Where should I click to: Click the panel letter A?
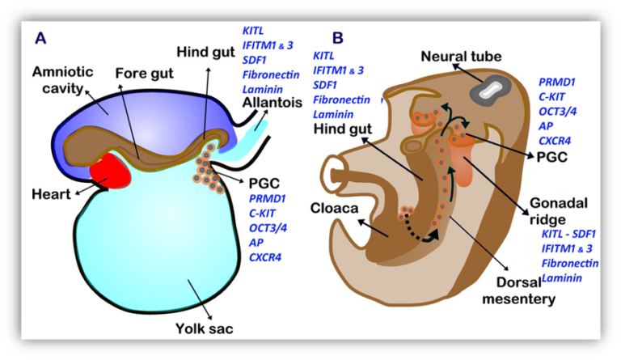coord(40,38)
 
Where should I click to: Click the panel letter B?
coord(337,38)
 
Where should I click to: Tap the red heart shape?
coord(111,171)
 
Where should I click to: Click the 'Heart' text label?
coord(51,194)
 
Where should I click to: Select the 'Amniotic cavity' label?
coord(62,80)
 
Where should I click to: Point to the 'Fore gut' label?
coord(144,74)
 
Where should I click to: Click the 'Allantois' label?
coord(272,103)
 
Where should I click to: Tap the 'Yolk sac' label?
coord(205,328)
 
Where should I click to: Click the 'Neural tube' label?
coord(461,57)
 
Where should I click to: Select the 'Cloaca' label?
coord(334,209)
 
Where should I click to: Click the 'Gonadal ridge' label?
coord(559,211)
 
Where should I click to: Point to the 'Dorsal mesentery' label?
coord(519,290)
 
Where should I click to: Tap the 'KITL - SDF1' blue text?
coord(568,234)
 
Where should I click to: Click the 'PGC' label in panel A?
coord(264,184)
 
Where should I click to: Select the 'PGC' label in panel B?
coord(551,157)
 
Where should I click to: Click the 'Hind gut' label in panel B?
coord(343,129)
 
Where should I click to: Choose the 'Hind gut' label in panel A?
coord(205,52)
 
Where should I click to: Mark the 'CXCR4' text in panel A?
coord(265,257)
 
